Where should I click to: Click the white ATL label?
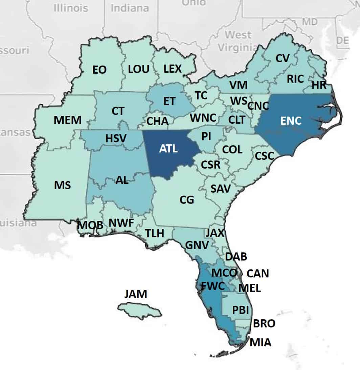(168, 149)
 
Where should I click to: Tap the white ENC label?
(291, 121)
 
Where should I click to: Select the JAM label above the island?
(136, 294)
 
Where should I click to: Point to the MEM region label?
(68, 120)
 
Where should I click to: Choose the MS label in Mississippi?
(63, 185)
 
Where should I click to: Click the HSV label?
(116, 138)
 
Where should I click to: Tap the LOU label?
(139, 69)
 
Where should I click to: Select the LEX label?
(173, 69)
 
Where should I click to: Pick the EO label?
(99, 70)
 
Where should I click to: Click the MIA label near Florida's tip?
(260, 343)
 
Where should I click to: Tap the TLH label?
(154, 233)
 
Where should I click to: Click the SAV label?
(220, 189)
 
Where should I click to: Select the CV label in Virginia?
(283, 58)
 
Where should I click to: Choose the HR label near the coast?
(319, 85)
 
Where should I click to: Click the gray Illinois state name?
(71, 8)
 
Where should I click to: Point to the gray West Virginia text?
(238, 41)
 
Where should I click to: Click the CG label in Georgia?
(187, 200)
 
